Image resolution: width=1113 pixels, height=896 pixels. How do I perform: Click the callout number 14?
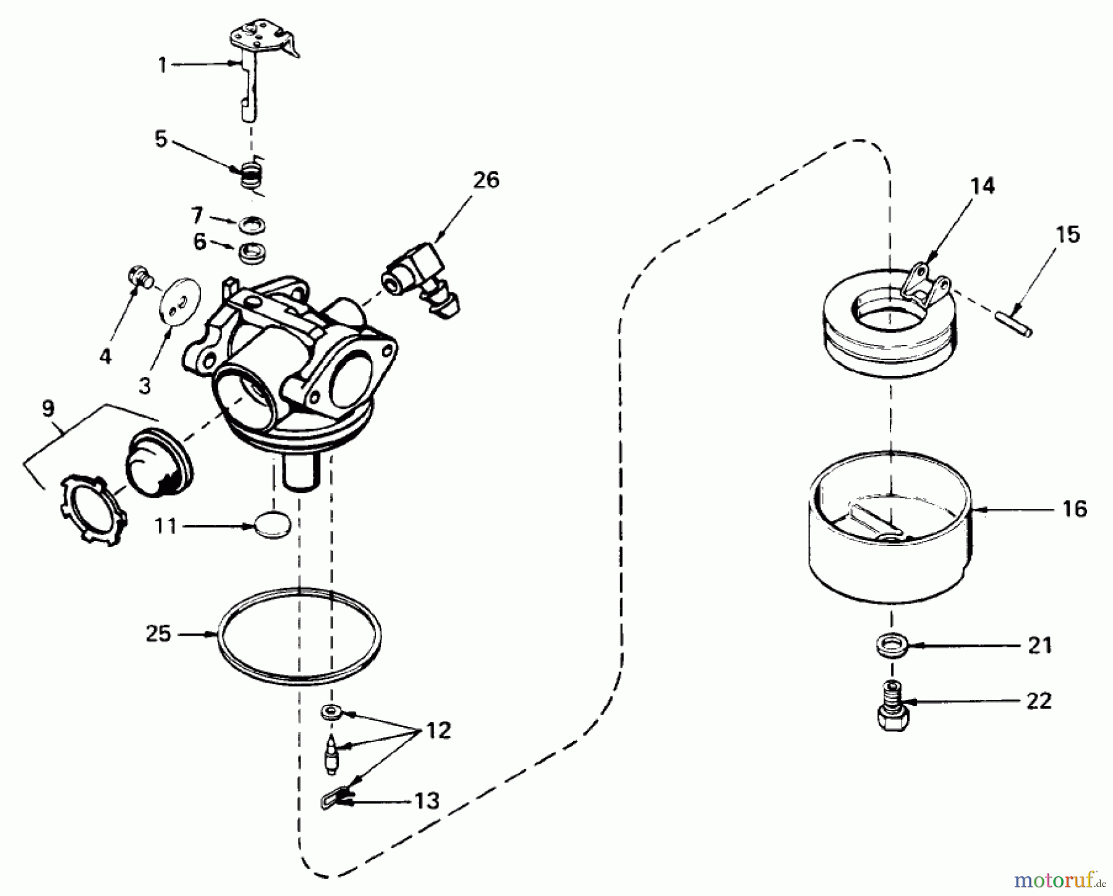tap(982, 186)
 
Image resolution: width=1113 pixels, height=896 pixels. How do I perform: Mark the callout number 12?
tap(438, 732)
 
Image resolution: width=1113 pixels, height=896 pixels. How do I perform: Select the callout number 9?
tap(48, 408)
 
